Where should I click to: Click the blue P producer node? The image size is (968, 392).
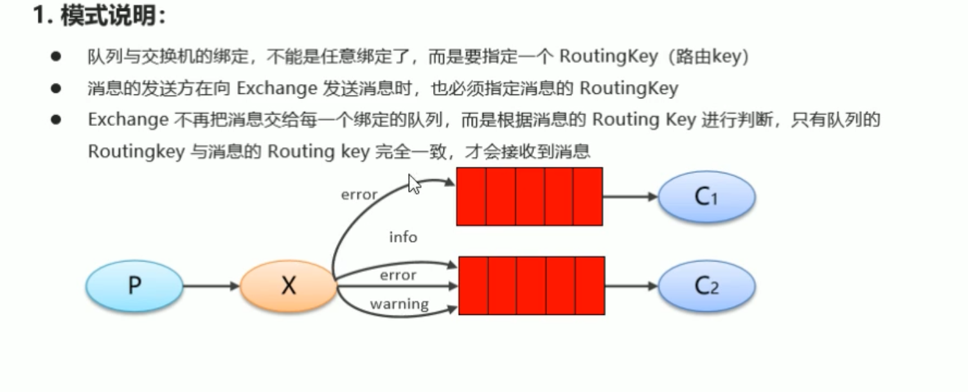click(x=134, y=285)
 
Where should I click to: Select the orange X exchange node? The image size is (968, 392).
click(x=289, y=286)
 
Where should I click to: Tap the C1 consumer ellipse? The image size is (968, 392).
click(x=706, y=197)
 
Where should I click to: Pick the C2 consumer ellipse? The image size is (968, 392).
click(x=706, y=286)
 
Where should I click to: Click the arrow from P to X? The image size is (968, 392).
click(x=211, y=286)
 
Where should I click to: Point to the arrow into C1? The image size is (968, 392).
click(x=631, y=197)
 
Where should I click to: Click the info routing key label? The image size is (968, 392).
click(x=403, y=237)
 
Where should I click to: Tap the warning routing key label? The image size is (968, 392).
click(x=399, y=303)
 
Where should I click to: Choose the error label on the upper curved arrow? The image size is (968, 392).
click(x=359, y=195)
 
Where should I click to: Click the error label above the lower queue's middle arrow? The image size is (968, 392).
click(x=398, y=275)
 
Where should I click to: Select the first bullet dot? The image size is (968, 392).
click(x=56, y=57)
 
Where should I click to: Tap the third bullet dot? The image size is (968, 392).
click(x=56, y=120)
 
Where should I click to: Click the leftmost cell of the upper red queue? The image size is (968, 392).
click(x=471, y=197)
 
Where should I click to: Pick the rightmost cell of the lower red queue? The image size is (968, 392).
click(x=589, y=286)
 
